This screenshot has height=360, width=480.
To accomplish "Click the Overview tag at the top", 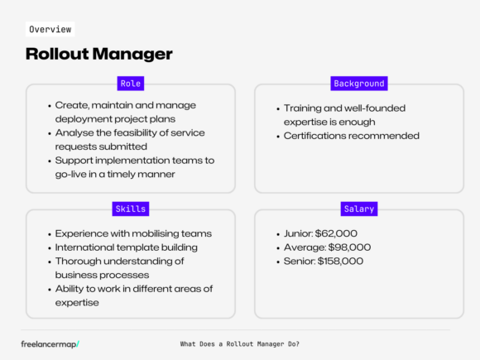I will [49, 29].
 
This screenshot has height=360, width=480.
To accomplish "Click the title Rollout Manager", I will [98, 55].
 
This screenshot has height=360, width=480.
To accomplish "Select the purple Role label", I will [131, 84].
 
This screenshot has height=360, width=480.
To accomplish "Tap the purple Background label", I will [358, 84].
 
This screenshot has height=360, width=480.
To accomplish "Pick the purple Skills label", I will [130, 209].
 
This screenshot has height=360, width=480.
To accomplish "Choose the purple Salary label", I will [358, 209].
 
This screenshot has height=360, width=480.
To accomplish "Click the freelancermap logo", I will [55, 343].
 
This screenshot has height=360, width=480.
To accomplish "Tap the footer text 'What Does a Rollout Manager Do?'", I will [239, 343].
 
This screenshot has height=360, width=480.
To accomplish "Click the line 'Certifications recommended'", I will [352, 136].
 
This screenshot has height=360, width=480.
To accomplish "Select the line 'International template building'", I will [126, 247].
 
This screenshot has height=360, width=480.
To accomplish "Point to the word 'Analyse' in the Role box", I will [74, 133].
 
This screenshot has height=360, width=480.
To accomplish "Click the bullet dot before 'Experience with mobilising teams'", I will [48, 234].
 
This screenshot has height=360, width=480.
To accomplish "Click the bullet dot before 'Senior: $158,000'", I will [276, 261].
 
